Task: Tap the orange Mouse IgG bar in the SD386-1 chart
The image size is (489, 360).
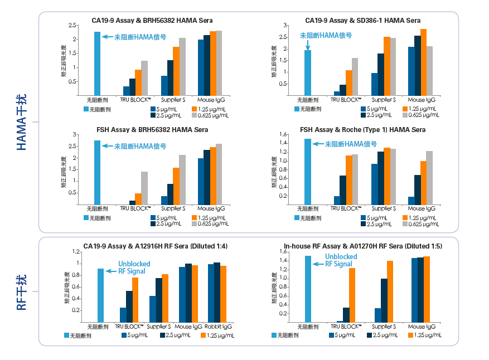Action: pos(424,62)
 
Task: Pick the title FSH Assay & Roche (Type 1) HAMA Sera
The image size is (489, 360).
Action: pos(362,130)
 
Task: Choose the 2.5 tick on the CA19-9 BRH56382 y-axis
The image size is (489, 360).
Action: pos(72,26)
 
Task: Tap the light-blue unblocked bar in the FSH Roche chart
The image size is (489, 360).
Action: pos(307,172)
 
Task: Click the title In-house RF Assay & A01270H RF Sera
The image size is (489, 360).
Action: pos(363,246)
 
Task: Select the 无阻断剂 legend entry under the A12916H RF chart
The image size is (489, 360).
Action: pos(78,335)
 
